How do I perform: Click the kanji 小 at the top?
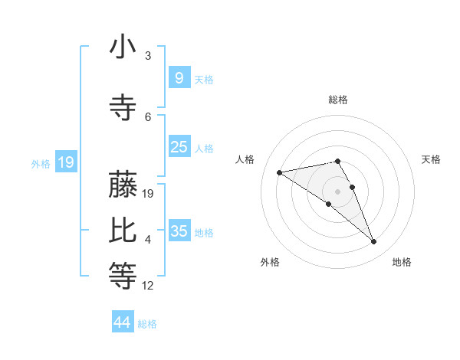(122, 47)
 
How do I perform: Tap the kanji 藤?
(122, 185)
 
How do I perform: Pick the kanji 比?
(122, 231)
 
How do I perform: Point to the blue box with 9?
(179, 78)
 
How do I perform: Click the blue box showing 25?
(179, 147)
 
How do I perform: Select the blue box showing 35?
(179, 231)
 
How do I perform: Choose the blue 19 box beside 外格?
(65, 162)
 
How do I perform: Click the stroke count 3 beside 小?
(148, 56)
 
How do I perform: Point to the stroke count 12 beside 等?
(148, 286)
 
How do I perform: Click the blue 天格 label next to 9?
(204, 79)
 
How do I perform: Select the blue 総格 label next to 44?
(147, 324)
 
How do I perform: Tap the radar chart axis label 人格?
(245, 159)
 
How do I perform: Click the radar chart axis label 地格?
(402, 262)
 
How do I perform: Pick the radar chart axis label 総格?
(337, 100)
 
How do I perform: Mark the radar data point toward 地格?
(374, 242)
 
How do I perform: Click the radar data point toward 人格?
(280, 172)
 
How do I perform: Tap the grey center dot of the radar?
(337, 190)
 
